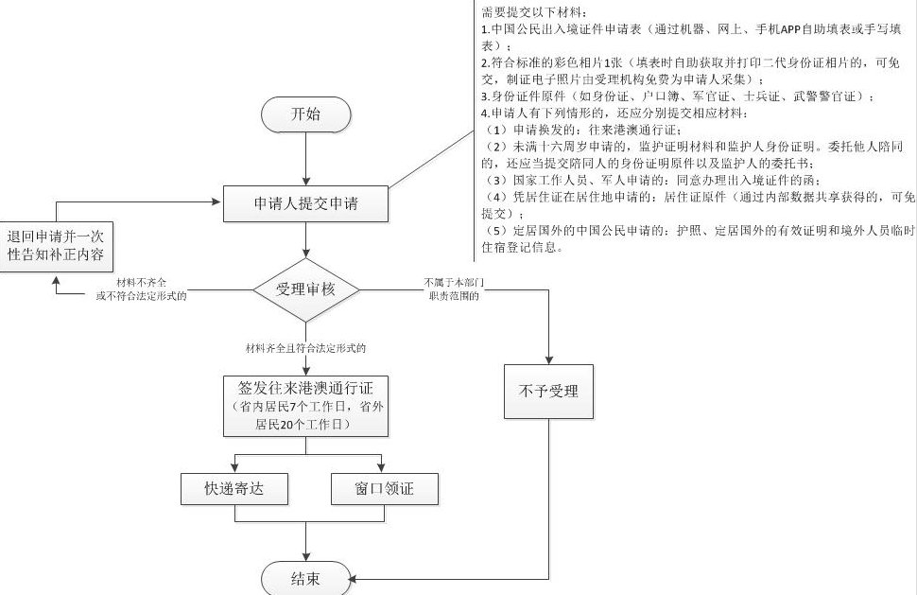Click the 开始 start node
pos(305,115)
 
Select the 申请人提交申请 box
pos(305,203)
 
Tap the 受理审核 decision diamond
pos(305,289)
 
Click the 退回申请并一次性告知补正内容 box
pos(56,246)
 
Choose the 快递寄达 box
pos(234,489)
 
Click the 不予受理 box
pos(548,390)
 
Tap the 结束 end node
pos(305,577)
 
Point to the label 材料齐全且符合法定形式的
pos(304,348)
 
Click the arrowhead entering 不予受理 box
pos(548,358)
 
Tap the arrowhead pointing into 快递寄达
pos(234,466)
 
